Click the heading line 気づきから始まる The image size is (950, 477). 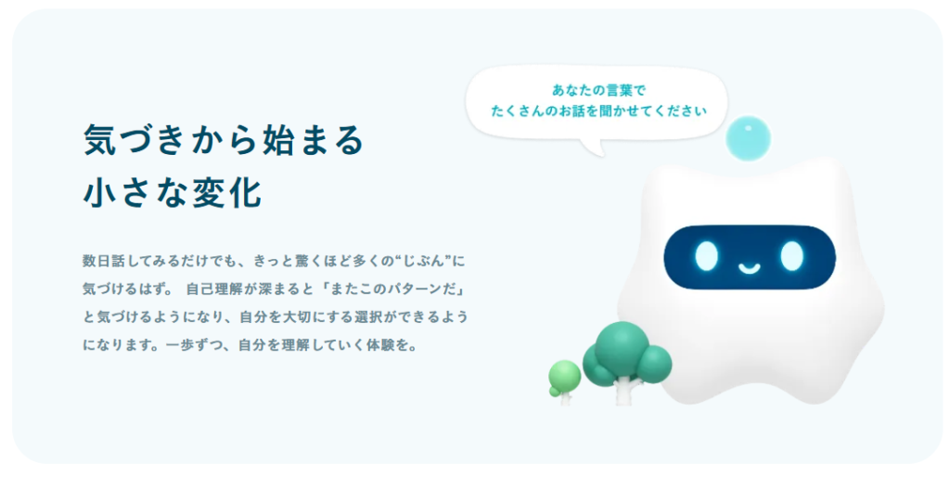click(223, 140)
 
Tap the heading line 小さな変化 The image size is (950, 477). click(172, 193)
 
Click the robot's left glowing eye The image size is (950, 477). click(706, 256)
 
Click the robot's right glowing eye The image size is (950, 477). click(791, 256)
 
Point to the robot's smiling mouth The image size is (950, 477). click(749, 267)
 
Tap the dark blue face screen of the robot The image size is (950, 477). click(750, 257)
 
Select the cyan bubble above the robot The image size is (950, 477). click(749, 138)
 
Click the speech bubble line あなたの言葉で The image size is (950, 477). click(598, 90)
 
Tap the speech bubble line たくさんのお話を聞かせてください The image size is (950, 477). click(598, 111)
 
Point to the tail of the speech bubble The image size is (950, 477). click(595, 148)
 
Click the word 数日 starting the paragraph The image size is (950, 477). click(96, 261)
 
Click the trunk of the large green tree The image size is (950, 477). click(623, 391)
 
